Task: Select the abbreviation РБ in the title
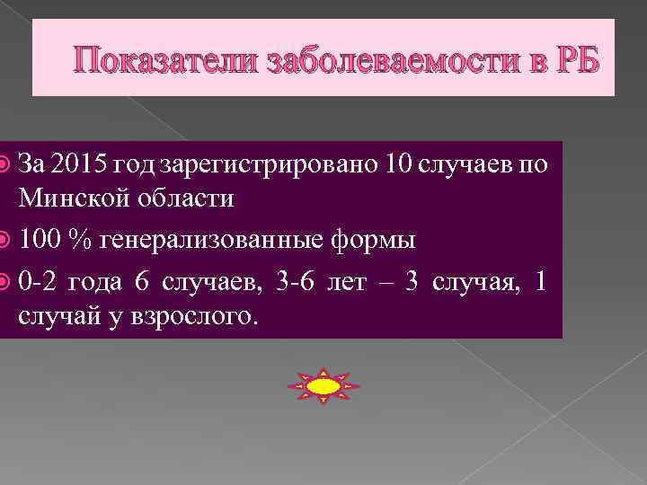coord(569,60)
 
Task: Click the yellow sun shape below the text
coord(323,386)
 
